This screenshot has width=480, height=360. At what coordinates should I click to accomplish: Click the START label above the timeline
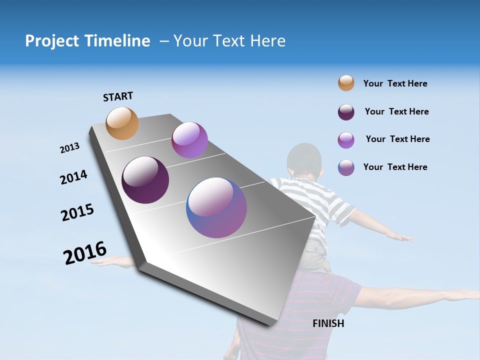(118, 96)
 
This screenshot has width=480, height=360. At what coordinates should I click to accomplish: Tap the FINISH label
(328, 323)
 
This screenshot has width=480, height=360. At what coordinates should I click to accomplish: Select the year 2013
(69, 148)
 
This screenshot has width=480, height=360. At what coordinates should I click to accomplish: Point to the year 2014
(73, 177)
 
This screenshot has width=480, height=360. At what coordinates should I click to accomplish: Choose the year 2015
(77, 212)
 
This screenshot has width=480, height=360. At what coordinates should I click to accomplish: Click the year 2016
(85, 253)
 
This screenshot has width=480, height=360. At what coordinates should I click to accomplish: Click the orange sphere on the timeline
(122, 123)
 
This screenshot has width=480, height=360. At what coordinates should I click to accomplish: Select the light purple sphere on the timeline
(189, 140)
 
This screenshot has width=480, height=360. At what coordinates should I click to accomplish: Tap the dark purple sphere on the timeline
(145, 180)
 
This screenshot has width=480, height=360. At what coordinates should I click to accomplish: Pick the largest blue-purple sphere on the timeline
(216, 207)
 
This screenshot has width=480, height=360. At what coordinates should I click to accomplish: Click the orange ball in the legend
(346, 83)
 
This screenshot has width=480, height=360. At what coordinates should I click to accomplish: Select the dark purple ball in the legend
(346, 112)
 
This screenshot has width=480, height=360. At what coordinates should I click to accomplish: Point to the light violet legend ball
(346, 140)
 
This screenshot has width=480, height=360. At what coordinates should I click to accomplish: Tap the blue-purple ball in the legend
(346, 167)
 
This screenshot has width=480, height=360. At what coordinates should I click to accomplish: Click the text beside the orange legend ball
(395, 83)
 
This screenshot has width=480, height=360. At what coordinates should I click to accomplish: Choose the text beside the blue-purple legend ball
(395, 167)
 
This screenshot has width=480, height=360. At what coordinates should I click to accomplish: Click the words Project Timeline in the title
(87, 41)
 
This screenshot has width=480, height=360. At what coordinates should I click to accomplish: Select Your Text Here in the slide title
(229, 41)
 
